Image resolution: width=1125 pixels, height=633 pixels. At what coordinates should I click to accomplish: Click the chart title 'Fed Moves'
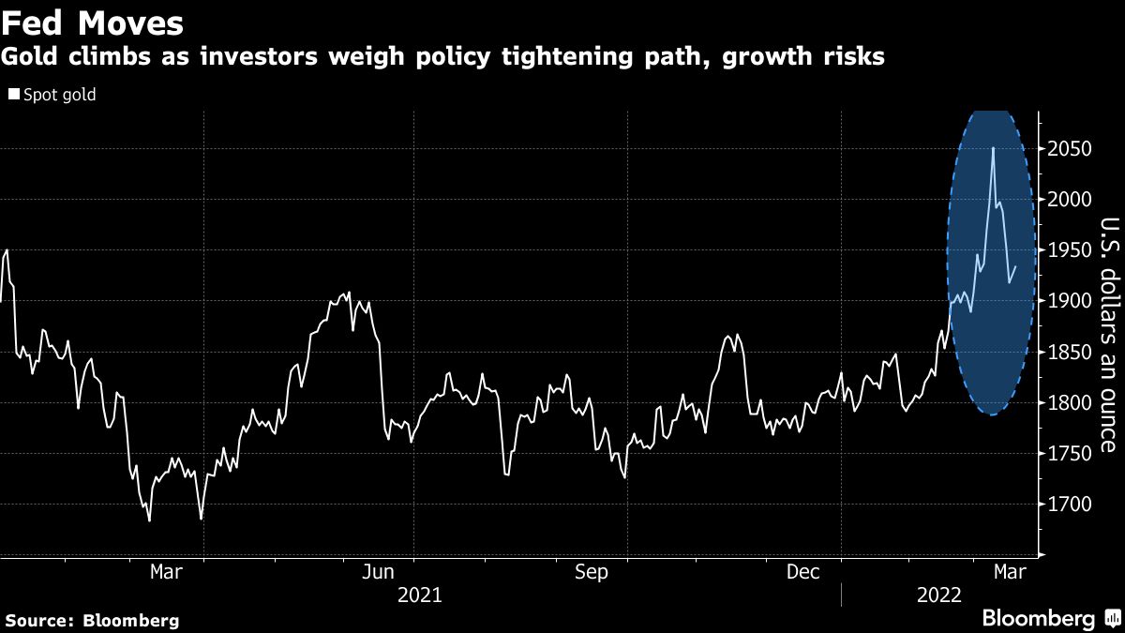(x=92, y=22)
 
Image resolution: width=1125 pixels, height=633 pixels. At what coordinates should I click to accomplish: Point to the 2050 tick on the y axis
(x=1070, y=150)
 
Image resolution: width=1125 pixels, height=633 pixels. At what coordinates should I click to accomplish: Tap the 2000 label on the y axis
(x=1070, y=201)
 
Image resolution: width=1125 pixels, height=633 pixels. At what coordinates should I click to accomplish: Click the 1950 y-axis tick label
(x=1070, y=251)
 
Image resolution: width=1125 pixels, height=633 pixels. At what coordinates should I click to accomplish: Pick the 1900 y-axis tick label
(x=1070, y=302)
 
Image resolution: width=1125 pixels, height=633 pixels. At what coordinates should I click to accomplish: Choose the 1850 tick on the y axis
(x=1070, y=353)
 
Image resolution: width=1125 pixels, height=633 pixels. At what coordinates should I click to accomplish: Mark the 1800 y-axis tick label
(x=1070, y=403)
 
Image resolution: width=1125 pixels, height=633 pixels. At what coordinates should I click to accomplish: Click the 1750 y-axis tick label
(x=1070, y=454)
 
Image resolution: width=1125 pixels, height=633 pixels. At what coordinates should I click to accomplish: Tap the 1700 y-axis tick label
(x=1070, y=505)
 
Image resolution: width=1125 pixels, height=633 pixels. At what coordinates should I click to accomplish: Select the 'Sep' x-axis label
(x=592, y=572)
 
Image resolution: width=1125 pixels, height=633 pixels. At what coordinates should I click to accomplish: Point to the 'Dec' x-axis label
(x=805, y=572)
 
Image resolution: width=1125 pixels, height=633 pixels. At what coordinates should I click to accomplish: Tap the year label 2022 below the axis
(x=938, y=595)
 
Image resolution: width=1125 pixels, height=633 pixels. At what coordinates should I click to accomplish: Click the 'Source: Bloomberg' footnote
(x=92, y=620)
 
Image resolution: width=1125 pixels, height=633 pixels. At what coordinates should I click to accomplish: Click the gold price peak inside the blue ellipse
(x=993, y=148)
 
